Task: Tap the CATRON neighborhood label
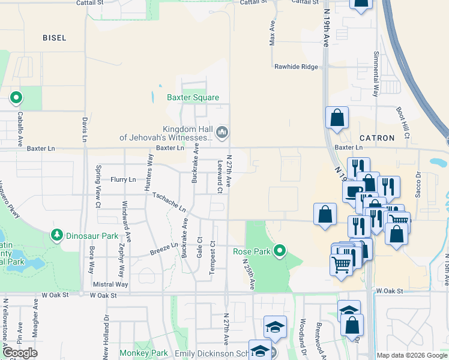click(x=376, y=138)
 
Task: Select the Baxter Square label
click(x=193, y=97)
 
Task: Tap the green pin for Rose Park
click(x=279, y=250)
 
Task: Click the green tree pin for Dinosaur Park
click(x=57, y=235)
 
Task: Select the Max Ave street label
click(x=272, y=35)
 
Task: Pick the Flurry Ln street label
click(x=123, y=179)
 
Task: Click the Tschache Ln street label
click(x=169, y=202)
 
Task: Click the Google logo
click(x=19, y=353)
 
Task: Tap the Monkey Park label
click(x=143, y=353)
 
